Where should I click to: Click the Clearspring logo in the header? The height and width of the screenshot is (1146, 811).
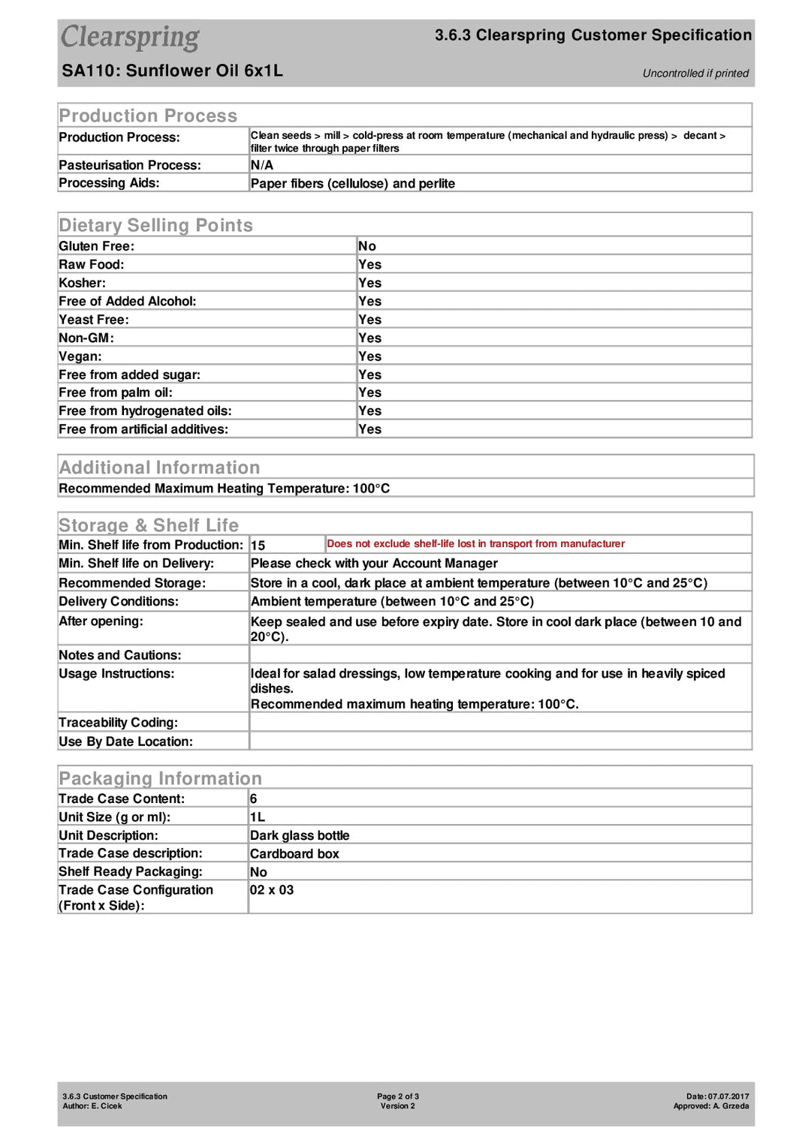coord(130,37)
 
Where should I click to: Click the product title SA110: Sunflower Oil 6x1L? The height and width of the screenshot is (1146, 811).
coord(172,71)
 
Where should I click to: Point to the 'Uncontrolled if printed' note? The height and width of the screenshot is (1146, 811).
coord(695,74)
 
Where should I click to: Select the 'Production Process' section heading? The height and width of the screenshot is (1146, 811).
coord(148,116)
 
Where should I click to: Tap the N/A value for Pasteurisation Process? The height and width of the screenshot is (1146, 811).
coord(262,165)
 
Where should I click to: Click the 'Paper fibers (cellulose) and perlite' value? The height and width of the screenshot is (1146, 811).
coord(352,184)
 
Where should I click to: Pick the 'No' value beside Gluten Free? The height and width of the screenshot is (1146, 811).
coord(367,246)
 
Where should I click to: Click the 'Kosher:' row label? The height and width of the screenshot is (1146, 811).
coord(83,283)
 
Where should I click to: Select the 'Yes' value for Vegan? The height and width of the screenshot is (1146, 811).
coord(369,356)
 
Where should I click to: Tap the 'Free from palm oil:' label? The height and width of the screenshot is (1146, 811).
coord(116,393)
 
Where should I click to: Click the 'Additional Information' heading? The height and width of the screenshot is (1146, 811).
coord(159,468)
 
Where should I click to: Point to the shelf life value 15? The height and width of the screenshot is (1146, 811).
coord(258,546)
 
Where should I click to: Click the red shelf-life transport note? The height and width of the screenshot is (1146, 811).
coord(475,544)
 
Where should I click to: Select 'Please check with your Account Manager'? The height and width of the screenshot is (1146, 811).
coord(374,564)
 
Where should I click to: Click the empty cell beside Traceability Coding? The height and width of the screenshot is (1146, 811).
coord(499,723)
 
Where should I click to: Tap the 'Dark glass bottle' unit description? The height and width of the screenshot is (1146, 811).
coord(300,836)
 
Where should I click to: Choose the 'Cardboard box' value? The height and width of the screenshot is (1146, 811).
coord(294,854)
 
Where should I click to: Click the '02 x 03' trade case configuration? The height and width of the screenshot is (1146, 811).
coord(272,890)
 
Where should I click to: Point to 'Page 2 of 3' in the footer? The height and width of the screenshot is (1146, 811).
coord(398,1096)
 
